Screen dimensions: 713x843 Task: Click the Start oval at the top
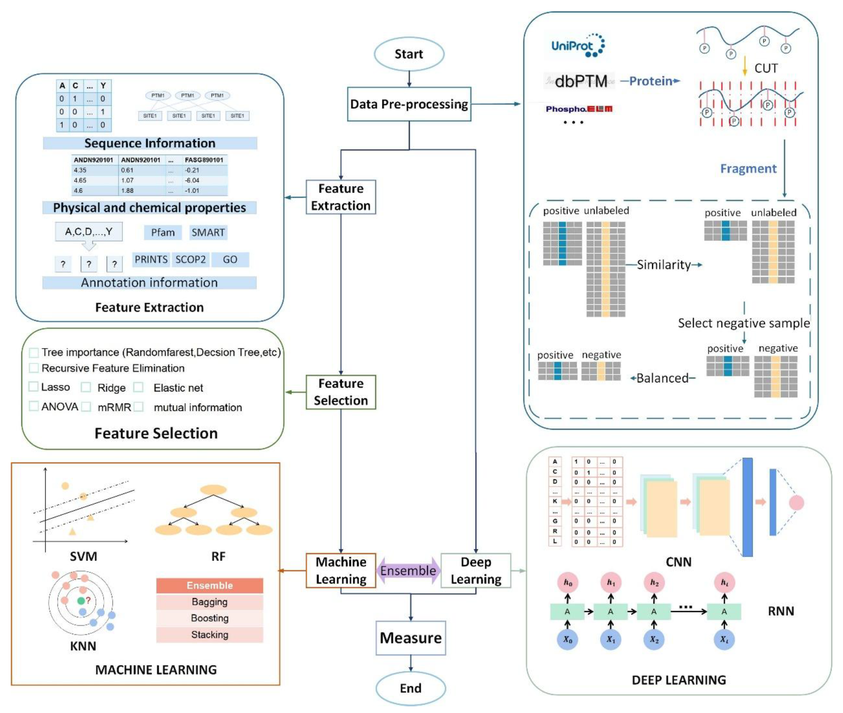pyautogui.click(x=409, y=54)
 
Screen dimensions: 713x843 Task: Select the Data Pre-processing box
pyautogui.click(x=409, y=104)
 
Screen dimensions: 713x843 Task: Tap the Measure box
pyautogui.click(x=410, y=638)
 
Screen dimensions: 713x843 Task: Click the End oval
pyautogui.click(x=410, y=688)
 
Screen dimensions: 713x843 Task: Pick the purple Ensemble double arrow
pyautogui.click(x=408, y=570)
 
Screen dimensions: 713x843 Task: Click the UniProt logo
pyautogui.click(x=578, y=45)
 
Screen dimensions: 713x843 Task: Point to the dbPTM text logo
pyautogui.click(x=580, y=81)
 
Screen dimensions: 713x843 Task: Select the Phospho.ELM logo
pyautogui.click(x=579, y=109)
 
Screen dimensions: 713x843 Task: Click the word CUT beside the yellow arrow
pyautogui.click(x=766, y=68)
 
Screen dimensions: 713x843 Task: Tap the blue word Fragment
pyautogui.click(x=748, y=168)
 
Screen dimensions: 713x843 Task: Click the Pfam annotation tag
pyautogui.click(x=163, y=232)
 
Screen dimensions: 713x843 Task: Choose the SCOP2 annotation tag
pyautogui.click(x=190, y=259)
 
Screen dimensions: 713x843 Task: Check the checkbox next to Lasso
pyautogui.click(x=33, y=387)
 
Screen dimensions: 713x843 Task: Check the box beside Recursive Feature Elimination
pyautogui.click(x=34, y=368)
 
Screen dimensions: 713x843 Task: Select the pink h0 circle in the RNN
pyautogui.click(x=568, y=582)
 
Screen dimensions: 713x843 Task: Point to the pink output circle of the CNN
pyautogui.click(x=796, y=502)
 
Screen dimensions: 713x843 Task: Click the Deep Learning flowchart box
pyautogui.click(x=476, y=570)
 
